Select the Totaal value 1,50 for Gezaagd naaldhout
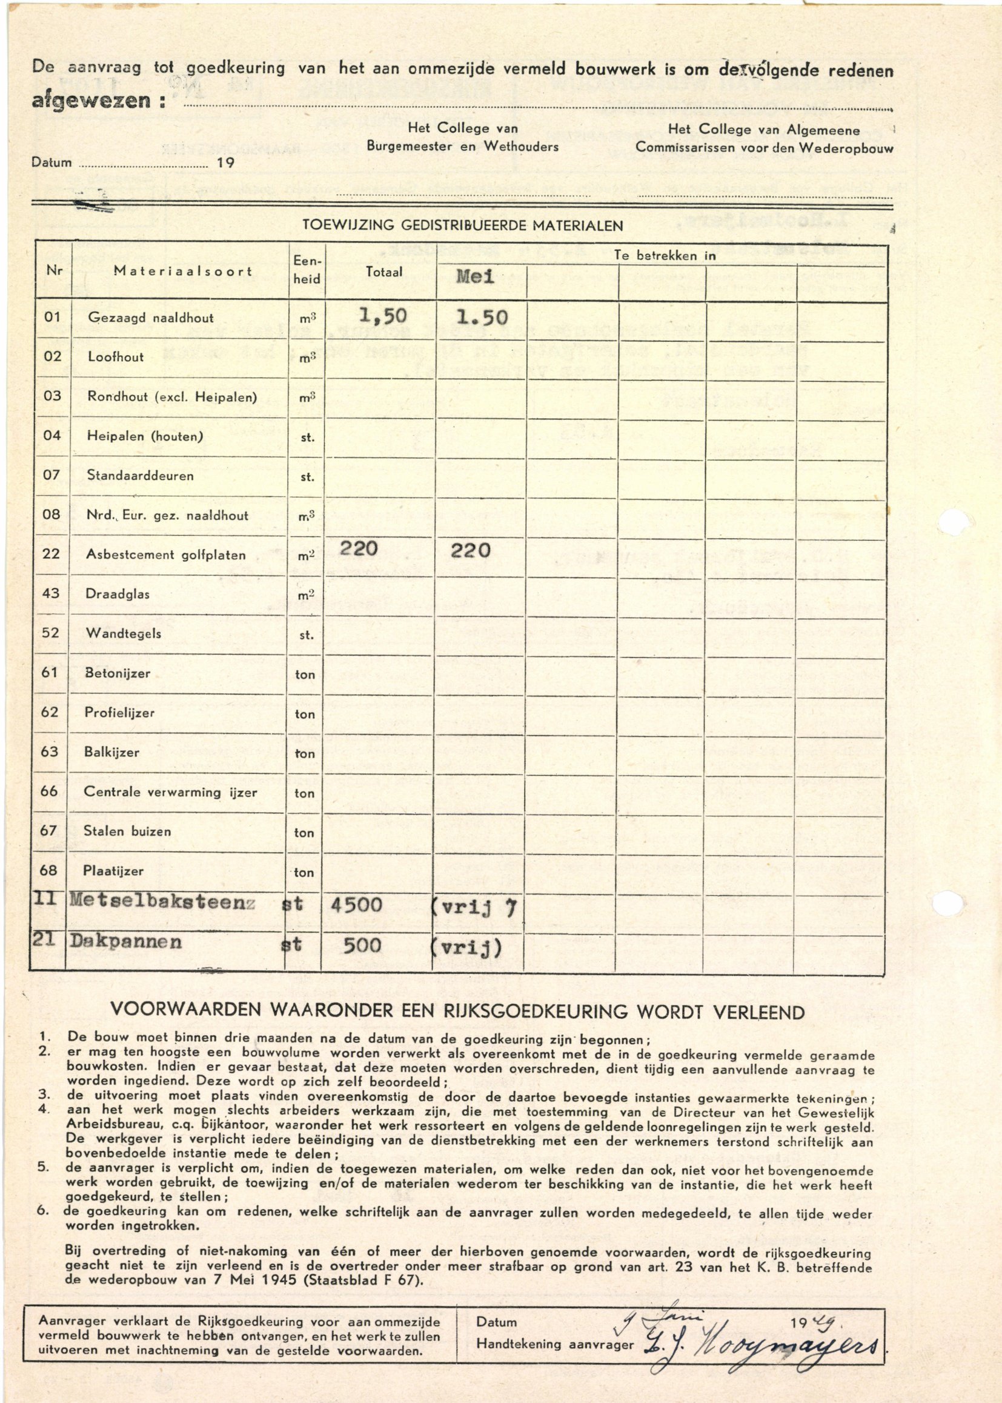(x=382, y=316)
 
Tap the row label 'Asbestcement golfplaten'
(x=165, y=555)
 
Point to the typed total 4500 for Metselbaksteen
(x=356, y=905)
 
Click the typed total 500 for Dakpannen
(x=362, y=944)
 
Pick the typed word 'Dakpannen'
(x=126, y=941)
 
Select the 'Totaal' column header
(x=383, y=272)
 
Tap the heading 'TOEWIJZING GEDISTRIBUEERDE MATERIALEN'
(x=462, y=226)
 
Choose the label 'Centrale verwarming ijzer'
(x=170, y=792)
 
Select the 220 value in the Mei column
(x=470, y=550)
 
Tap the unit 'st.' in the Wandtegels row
(x=307, y=635)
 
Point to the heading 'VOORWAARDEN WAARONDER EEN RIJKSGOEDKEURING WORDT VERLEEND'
(x=457, y=1012)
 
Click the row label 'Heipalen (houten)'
(x=145, y=436)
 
